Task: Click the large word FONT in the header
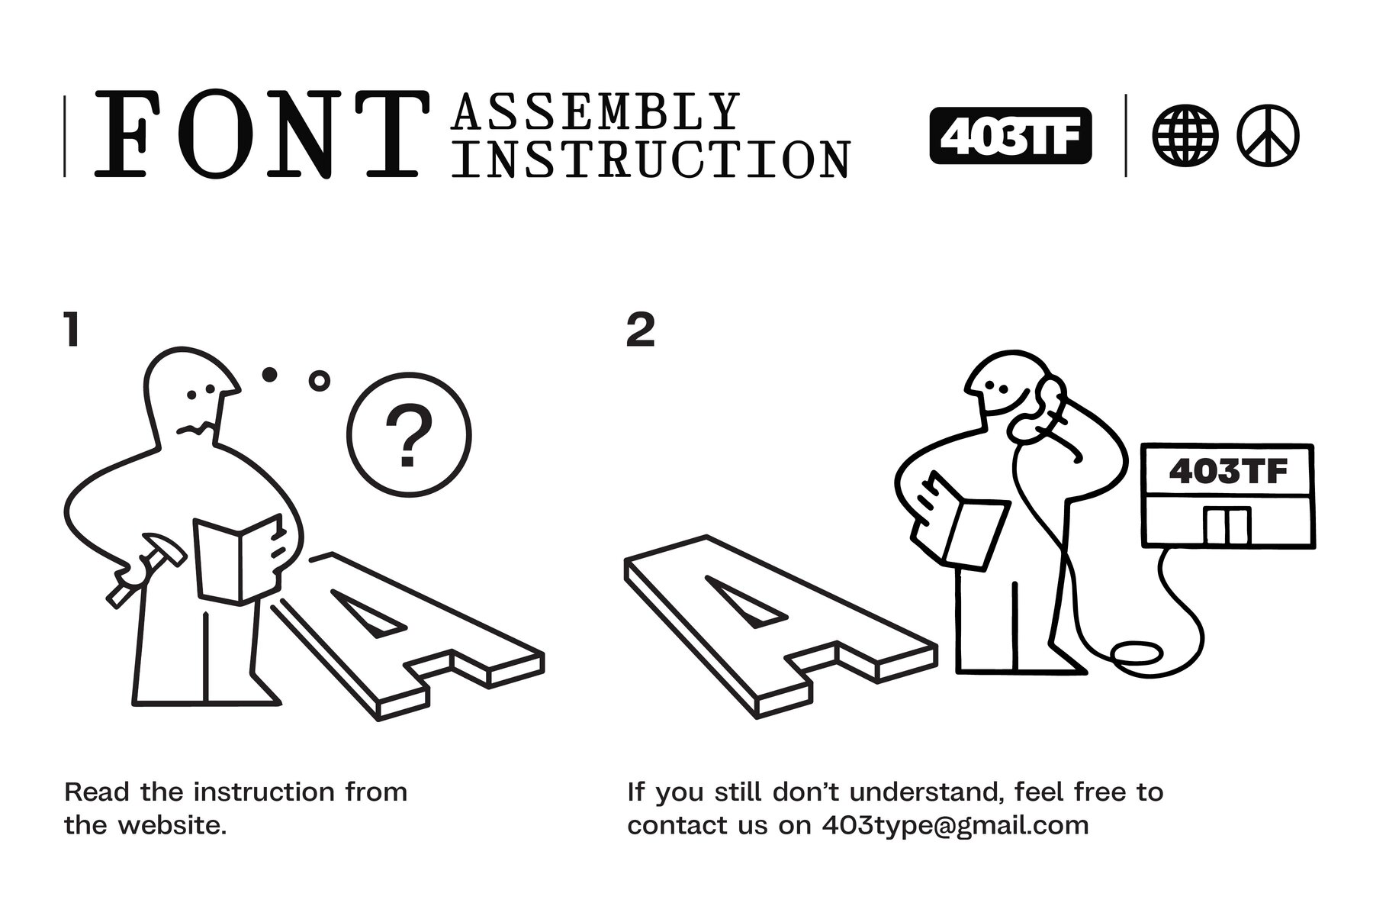click(x=257, y=134)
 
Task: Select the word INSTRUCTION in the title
click(x=652, y=158)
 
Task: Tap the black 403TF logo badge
click(x=1011, y=136)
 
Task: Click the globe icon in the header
click(x=1185, y=136)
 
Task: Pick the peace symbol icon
click(x=1268, y=136)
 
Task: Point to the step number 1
click(x=72, y=330)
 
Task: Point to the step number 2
click(x=640, y=330)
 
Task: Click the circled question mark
click(x=409, y=435)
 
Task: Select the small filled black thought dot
click(x=269, y=374)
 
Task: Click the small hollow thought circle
click(x=320, y=380)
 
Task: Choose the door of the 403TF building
click(x=1227, y=526)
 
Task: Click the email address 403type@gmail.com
click(x=955, y=826)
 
